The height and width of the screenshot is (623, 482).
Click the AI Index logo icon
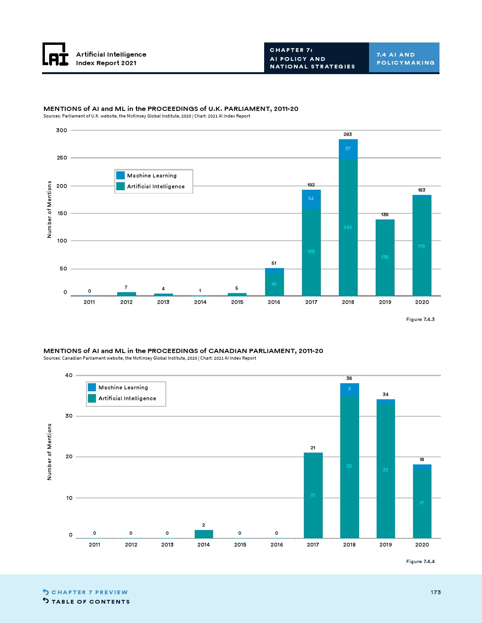(55, 54)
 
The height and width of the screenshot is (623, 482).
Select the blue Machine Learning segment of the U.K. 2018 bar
(348, 149)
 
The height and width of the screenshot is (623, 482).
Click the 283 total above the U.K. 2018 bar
(348, 135)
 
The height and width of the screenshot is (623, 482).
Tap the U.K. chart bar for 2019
(385, 257)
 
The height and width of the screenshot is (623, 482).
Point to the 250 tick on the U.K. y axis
(62, 158)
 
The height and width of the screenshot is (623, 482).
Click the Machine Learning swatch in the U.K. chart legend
(120, 175)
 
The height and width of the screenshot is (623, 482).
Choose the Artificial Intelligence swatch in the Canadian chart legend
(92, 398)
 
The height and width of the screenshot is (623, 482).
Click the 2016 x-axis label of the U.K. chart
(274, 302)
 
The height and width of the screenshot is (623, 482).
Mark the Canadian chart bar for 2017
(313, 496)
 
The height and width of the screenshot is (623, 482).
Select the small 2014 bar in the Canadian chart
(204, 534)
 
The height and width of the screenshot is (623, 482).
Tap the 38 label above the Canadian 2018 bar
(349, 379)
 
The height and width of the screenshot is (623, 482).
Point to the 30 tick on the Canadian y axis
(69, 416)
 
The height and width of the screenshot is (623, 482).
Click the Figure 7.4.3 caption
(420, 320)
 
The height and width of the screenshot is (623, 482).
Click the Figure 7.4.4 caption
(420, 562)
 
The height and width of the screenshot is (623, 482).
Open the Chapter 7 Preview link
(89, 592)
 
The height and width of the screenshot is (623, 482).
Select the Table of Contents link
(90, 602)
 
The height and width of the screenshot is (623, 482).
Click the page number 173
(436, 592)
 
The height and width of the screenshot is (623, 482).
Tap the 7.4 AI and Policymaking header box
(404, 58)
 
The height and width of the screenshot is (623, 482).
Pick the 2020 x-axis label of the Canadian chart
(422, 545)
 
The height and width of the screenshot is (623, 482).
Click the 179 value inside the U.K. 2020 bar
(422, 246)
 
